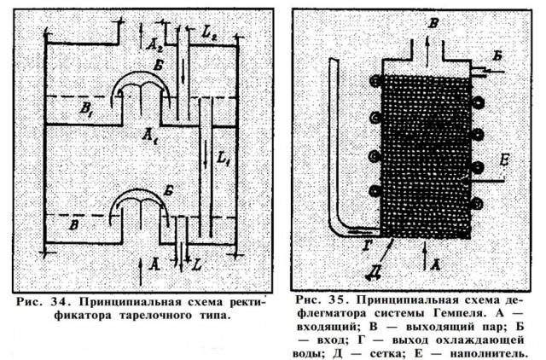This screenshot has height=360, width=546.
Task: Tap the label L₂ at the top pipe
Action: click(x=209, y=33)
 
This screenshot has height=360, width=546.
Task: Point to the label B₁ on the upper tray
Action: click(x=86, y=108)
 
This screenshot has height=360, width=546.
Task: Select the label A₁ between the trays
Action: click(x=150, y=135)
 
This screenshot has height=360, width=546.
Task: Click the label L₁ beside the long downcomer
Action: click(x=224, y=159)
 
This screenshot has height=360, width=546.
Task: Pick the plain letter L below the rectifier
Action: click(x=197, y=265)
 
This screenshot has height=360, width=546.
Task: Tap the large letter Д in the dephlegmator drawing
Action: click(x=373, y=271)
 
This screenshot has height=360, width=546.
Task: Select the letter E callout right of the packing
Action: click(x=503, y=160)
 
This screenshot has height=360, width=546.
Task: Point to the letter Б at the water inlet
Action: click(x=497, y=55)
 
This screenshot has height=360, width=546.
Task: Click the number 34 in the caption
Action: click(x=58, y=301)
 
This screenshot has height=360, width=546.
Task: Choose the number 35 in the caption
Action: click(x=335, y=299)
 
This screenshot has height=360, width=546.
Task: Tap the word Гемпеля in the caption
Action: click(x=459, y=313)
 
